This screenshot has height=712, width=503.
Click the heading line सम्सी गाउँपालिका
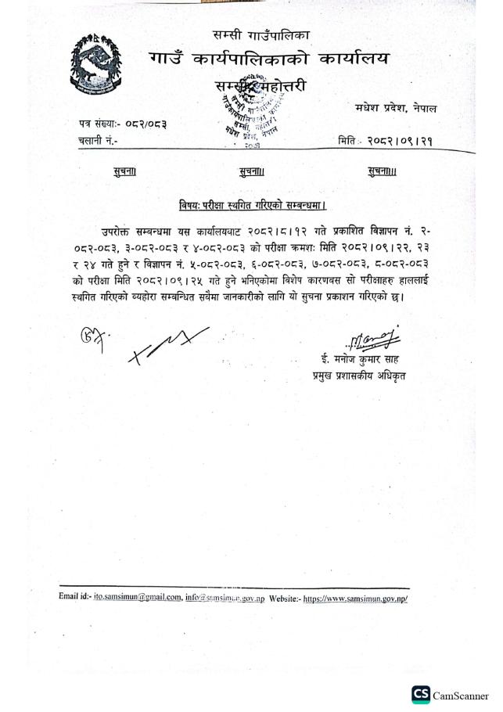(260, 35)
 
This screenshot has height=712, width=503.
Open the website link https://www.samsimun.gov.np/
(355, 598)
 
